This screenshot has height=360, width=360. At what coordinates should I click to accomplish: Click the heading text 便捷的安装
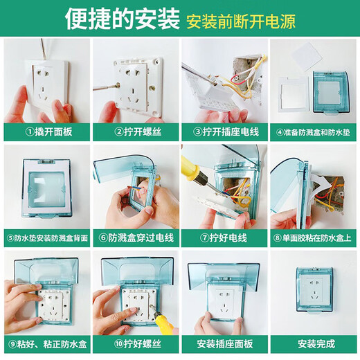click(120, 19)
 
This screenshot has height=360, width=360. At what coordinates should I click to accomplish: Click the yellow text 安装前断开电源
click(240, 21)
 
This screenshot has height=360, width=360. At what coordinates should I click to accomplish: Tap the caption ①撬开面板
click(47, 131)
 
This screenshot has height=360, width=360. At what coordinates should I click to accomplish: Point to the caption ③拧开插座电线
click(224, 131)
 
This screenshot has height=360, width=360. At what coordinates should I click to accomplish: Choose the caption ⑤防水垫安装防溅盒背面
click(47, 237)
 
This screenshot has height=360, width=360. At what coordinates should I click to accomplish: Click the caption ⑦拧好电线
click(224, 237)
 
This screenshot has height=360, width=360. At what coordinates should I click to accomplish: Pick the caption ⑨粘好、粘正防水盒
click(47, 343)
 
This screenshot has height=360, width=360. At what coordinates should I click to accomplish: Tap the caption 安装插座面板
click(224, 343)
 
